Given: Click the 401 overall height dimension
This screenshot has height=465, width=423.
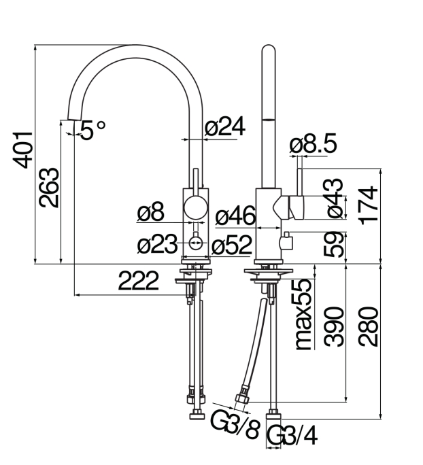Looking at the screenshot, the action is [x=22, y=150].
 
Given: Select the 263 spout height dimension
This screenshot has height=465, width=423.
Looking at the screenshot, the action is [x=49, y=188].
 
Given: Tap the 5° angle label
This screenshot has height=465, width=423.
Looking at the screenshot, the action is [x=92, y=130].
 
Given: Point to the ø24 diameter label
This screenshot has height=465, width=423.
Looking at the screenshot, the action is [x=225, y=126].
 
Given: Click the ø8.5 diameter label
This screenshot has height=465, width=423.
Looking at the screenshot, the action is [x=314, y=143].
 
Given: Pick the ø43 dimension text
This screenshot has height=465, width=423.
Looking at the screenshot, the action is [x=335, y=198].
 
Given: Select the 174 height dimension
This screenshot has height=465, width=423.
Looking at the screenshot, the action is [x=368, y=205].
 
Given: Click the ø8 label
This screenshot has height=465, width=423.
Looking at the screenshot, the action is [x=150, y=212].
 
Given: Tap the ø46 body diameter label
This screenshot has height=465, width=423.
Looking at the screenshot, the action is [x=235, y=216].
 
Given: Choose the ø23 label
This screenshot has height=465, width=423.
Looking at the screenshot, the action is [x=157, y=244].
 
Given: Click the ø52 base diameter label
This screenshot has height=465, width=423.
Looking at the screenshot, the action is [x=232, y=245].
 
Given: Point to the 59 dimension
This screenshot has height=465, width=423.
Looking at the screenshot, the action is [x=334, y=244].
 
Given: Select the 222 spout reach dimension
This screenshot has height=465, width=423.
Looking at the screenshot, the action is [x=139, y=281].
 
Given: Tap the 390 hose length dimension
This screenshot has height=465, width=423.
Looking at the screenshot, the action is [x=334, y=327].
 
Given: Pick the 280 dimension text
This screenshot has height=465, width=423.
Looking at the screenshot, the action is [x=369, y=327].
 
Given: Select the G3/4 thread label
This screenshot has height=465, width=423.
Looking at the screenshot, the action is [x=292, y=435].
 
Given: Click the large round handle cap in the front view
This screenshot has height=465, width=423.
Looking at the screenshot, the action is [x=195, y=207].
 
